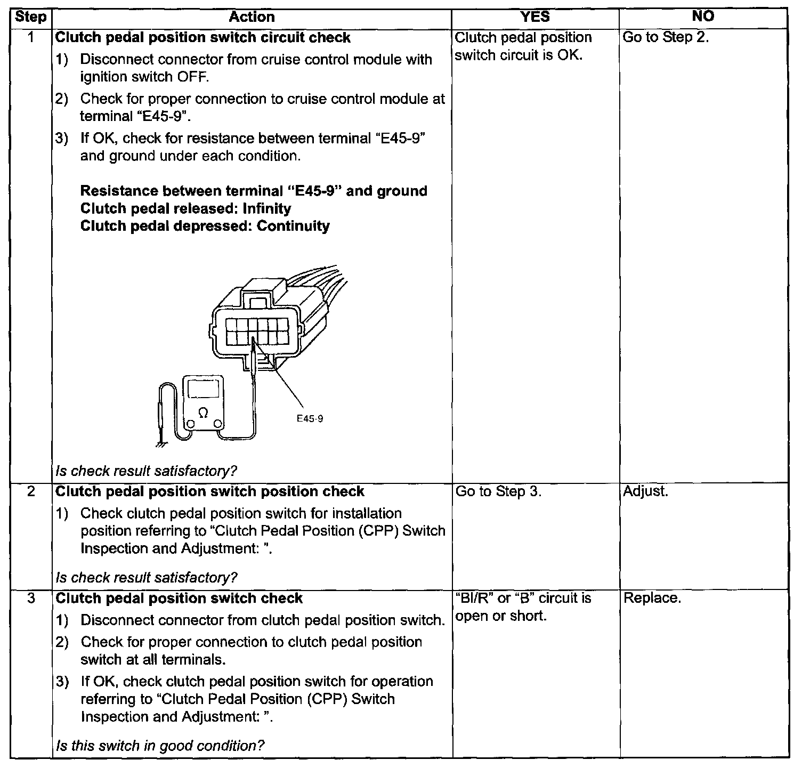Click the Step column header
(30, 17)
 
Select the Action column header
(252, 17)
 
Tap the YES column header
(534, 17)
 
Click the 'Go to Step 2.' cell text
(666, 37)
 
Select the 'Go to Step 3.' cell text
(498, 491)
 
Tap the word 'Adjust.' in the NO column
(645, 491)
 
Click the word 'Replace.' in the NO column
(652, 598)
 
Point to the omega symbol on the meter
(203, 411)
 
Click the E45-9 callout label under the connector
(310, 418)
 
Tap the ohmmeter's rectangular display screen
(203, 390)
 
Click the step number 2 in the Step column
(31, 491)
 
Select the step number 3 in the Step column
(31, 598)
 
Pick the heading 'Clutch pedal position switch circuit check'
(203, 38)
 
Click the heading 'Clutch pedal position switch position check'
(210, 491)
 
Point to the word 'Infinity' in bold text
(266, 208)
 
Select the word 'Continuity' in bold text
(293, 226)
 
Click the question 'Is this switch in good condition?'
(160, 745)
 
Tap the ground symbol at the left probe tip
(159, 442)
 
